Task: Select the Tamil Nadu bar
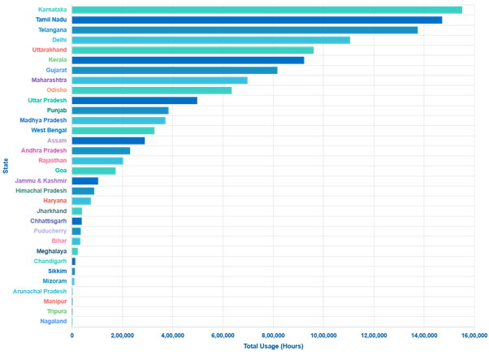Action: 257,20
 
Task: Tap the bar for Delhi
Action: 211,40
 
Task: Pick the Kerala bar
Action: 188,60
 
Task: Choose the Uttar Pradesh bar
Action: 135,101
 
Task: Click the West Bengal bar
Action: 113,130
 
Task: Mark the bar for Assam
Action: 108,141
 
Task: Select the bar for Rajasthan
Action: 97,161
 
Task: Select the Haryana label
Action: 56,200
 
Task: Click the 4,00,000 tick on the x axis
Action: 172,335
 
